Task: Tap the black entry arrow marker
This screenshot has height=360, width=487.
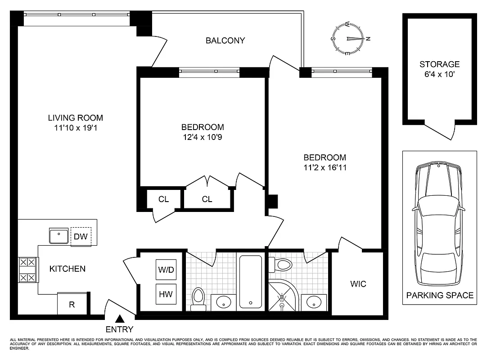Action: [120, 319]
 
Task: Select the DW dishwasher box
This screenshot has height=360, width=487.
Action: [81, 236]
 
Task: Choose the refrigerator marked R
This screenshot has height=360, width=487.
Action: [72, 304]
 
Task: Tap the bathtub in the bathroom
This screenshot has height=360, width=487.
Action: [250, 282]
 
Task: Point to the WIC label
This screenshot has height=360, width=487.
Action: [358, 284]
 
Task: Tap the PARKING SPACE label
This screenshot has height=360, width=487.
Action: [440, 296]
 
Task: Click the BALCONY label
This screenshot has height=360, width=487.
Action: [225, 40]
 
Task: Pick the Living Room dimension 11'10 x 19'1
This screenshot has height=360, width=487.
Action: [75, 128]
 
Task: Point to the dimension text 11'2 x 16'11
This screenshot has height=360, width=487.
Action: [325, 167]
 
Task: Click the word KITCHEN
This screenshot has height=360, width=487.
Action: [67, 269]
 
